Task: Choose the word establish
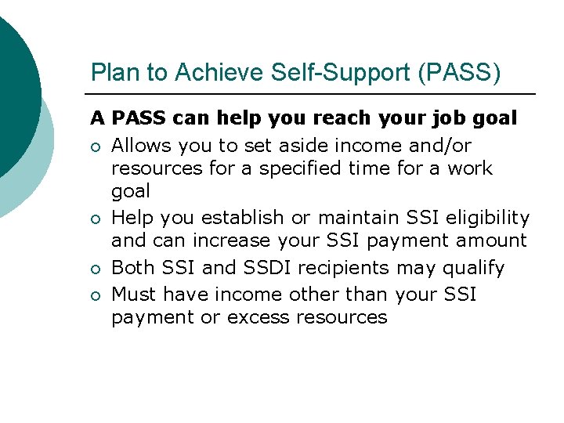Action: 242,218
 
